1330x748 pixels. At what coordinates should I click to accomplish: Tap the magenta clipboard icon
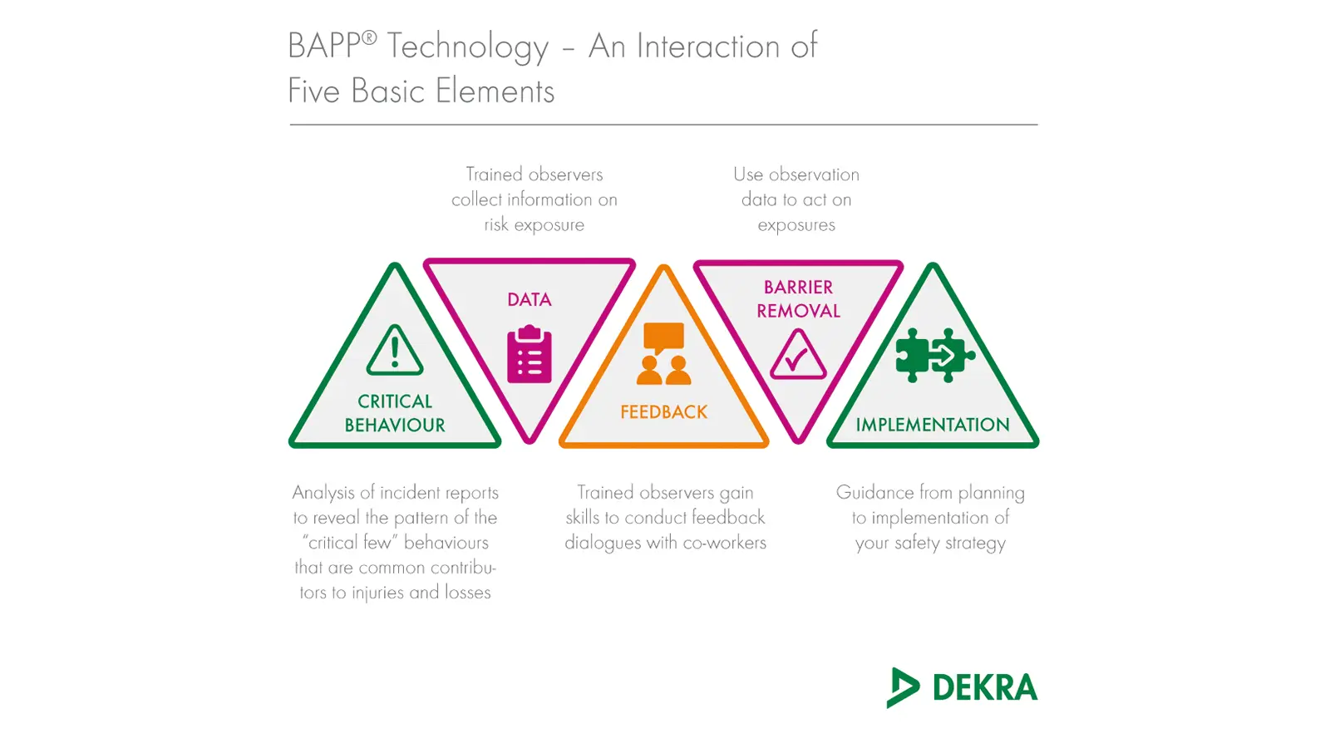coord(529,354)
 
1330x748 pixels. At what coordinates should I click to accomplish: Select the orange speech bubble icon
coord(664,337)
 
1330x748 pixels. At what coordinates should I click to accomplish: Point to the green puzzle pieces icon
coord(935,355)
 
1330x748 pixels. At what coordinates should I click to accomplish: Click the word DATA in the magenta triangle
coord(529,299)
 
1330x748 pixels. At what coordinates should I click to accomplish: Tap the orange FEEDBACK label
coord(664,412)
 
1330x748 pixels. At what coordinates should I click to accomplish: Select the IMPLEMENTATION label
coord(932,425)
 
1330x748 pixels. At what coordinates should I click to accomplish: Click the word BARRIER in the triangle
coord(798,288)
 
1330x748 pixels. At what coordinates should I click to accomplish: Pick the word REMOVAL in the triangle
coord(798,311)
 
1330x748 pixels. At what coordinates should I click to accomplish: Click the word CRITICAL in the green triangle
coord(395,401)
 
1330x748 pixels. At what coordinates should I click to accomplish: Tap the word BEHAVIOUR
coord(395,425)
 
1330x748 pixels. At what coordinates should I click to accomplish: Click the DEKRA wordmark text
coord(985,687)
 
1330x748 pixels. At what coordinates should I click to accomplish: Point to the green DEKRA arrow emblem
coord(903,687)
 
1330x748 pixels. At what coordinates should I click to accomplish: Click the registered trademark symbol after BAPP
coord(369,38)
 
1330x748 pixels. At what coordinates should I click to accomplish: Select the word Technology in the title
coord(468,47)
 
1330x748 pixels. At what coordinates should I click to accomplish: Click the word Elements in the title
coord(495,91)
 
